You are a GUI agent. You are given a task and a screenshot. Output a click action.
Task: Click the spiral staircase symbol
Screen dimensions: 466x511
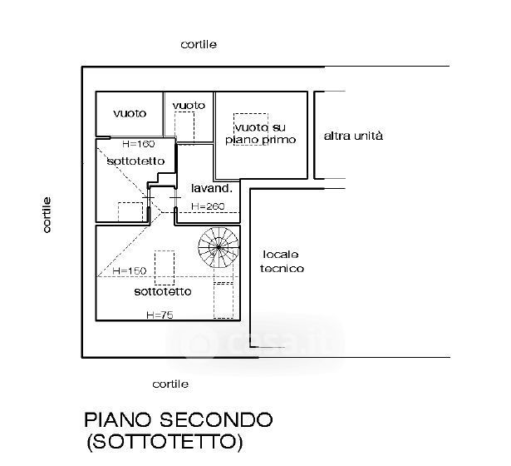[x=217, y=246]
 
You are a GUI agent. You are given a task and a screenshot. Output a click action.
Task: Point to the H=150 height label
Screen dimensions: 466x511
[x=129, y=271]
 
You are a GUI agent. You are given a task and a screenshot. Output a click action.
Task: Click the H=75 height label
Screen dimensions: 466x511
[x=159, y=315]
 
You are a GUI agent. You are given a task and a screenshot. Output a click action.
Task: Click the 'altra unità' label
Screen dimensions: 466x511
[x=353, y=136]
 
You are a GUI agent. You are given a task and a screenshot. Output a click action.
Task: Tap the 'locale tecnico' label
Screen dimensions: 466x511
[x=282, y=261]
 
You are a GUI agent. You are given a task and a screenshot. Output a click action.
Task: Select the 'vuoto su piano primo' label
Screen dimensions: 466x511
[x=260, y=134]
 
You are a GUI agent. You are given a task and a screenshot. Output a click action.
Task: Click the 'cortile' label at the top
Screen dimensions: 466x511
[x=199, y=44]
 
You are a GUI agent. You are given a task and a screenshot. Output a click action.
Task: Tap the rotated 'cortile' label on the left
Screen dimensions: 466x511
[x=47, y=214]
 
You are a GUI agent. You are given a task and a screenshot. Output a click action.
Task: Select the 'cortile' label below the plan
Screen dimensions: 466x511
[x=170, y=384]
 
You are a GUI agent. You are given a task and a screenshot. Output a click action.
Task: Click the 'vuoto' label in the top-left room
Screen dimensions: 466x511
[x=130, y=113]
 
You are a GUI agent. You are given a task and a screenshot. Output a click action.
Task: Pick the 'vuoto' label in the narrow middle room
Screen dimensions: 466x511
[x=189, y=105]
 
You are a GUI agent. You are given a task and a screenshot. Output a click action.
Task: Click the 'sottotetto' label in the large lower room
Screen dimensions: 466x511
[x=163, y=292]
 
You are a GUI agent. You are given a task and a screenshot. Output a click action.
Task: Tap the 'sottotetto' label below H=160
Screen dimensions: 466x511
[x=135, y=161]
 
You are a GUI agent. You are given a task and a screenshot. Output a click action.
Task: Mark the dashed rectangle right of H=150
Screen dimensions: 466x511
[x=165, y=265]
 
